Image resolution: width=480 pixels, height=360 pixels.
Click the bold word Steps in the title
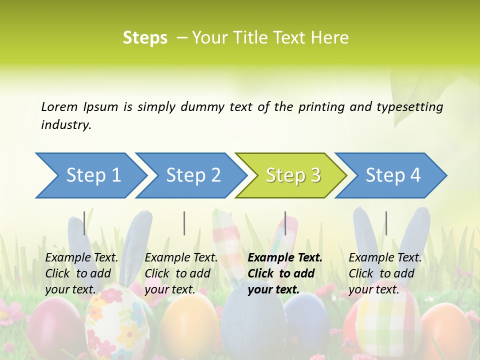click(x=145, y=38)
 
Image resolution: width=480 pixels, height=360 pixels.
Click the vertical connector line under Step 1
click(x=84, y=223)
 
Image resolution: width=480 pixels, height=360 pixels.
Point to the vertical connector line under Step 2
click(x=184, y=223)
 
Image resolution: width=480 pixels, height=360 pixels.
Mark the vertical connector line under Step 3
click(x=285, y=223)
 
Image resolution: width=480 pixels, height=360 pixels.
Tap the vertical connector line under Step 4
click(x=386, y=223)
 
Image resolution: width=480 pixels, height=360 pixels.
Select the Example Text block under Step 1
click(x=81, y=273)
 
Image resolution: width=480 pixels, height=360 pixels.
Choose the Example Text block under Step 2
click(x=181, y=273)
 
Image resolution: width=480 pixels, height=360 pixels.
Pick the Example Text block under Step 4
click(x=385, y=273)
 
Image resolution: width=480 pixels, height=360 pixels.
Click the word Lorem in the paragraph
click(x=59, y=106)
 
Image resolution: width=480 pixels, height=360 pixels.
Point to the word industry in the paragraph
click(x=65, y=124)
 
